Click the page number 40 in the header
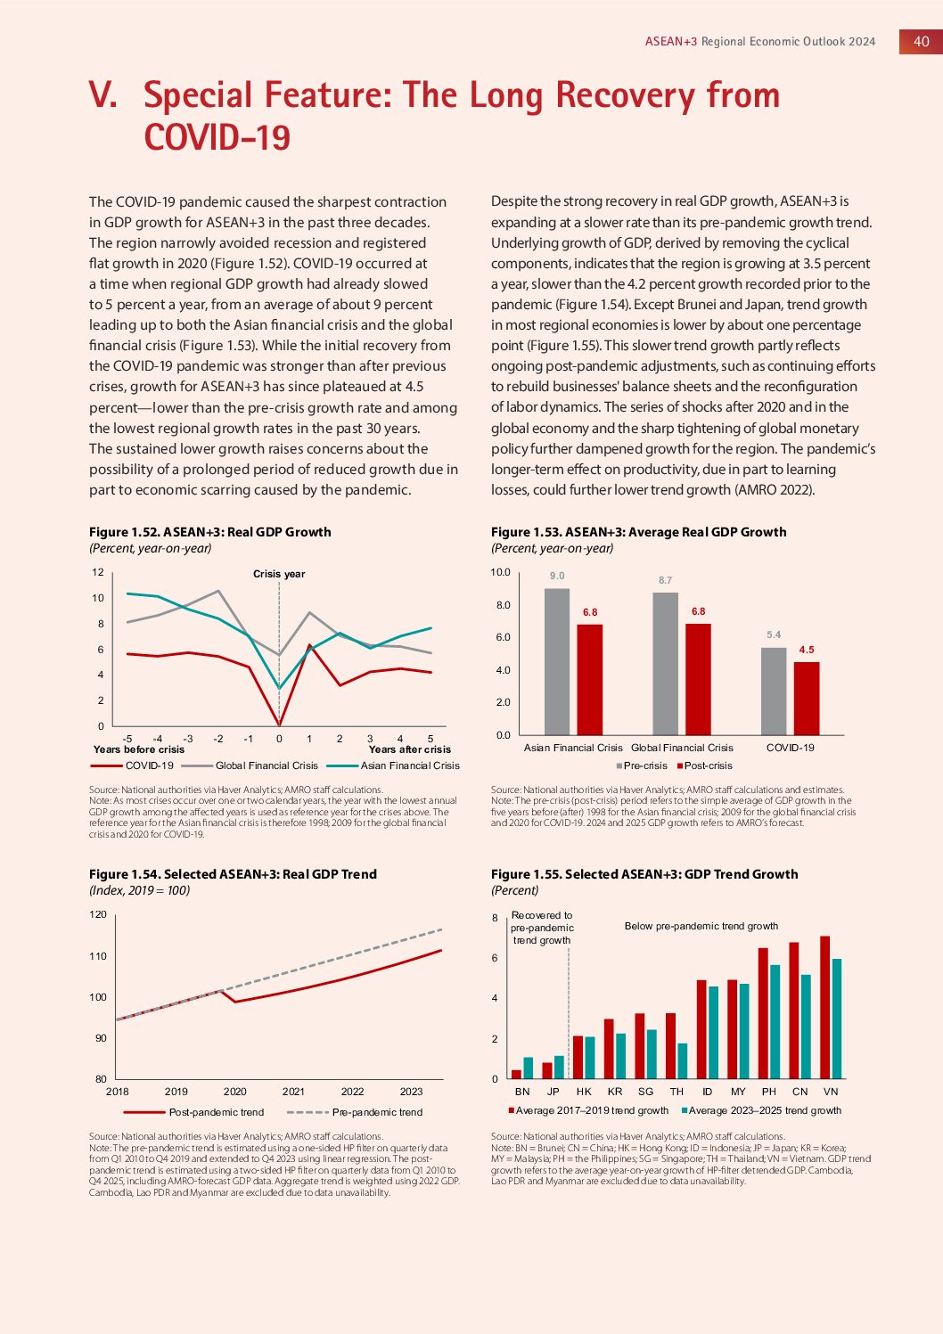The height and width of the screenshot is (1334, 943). pyautogui.click(x=921, y=41)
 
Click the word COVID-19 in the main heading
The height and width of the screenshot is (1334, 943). pyautogui.click(x=217, y=137)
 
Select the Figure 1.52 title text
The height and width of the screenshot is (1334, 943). pyautogui.click(x=210, y=532)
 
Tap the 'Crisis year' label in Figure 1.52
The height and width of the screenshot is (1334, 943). pyautogui.click(x=279, y=574)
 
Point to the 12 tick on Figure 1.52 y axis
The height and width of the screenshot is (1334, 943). pyautogui.click(x=98, y=572)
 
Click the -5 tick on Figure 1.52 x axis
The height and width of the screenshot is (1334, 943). pyautogui.click(x=127, y=739)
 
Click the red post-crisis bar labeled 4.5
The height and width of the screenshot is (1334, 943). pyautogui.click(x=807, y=698)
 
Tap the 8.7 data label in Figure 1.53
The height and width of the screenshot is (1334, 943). pyautogui.click(x=665, y=580)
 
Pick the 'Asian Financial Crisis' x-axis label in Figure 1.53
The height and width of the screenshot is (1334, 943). pyautogui.click(x=573, y=748)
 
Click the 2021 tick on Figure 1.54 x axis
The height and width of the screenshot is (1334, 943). pyautogui.click(x=293, y=1092)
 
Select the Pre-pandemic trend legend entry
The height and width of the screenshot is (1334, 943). pyautogui.click(x=377, y=1112)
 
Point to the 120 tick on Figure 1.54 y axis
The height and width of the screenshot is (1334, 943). pyautogui.click(x=98, y=914)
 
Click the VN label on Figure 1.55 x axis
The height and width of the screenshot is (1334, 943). pyautogui.click(x=831, y=1092)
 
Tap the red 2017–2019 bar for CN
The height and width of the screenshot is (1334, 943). pyautogui.click(x=794, y=1011)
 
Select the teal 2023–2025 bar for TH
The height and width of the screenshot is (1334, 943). pyautogui.click(x=683, y=1060)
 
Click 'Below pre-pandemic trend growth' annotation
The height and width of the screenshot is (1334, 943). pyautogui.click(x=701, y=926)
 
